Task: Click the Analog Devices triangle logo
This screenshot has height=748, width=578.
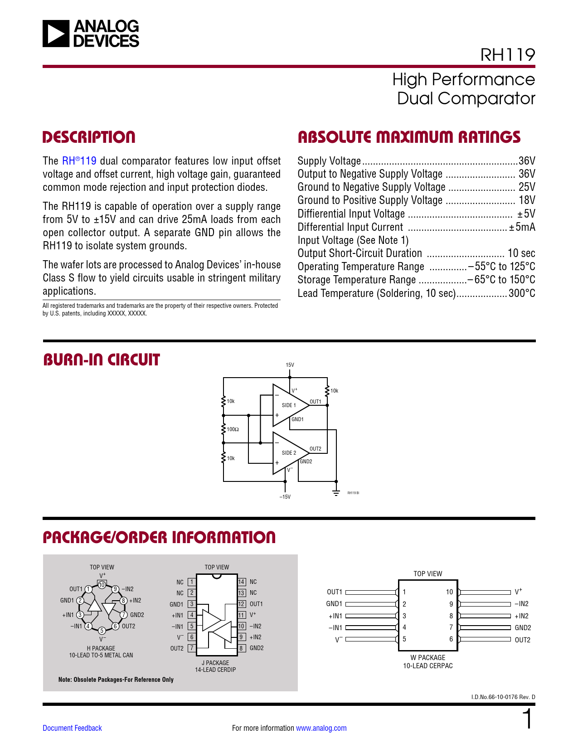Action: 56,34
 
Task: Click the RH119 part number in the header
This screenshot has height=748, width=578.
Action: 507,55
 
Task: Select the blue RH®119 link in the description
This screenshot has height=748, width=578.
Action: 79,161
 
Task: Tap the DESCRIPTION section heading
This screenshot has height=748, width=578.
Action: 89,137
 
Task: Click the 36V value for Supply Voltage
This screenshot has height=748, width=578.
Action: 527,161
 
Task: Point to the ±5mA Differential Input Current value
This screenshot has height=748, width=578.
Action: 522,227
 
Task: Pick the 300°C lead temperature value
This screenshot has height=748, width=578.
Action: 521,293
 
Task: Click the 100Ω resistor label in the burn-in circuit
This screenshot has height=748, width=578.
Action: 233,429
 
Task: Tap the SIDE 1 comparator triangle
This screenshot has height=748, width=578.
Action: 288,405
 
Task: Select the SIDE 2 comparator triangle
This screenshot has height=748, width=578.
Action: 288,453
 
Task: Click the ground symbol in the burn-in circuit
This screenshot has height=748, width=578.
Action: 336,492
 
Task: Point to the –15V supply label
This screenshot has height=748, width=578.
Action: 285,497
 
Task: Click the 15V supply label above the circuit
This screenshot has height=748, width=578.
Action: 290,365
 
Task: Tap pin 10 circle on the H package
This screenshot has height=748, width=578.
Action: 102,585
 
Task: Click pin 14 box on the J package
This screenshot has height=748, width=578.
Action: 242,582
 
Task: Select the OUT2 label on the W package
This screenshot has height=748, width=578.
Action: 522,640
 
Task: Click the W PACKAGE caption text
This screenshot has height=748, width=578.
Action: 427,658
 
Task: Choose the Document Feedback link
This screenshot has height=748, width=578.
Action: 72,728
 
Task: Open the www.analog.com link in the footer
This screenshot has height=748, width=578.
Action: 321,728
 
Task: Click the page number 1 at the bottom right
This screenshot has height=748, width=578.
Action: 528,720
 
